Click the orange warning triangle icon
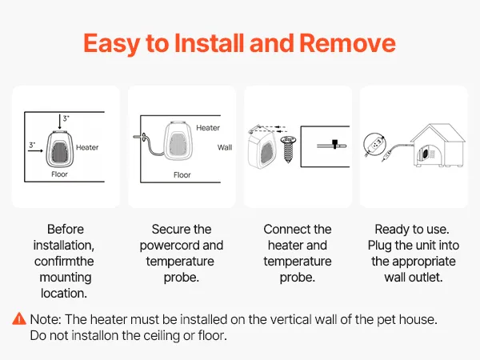coord(19,318)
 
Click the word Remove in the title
coord(347,43)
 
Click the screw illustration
coord(288,150)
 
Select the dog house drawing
coord(438,145)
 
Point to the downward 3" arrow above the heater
coord(60,122)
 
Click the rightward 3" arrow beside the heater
coord(35,150)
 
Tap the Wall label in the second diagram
coord(225,147)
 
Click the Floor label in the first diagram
coord(59,174)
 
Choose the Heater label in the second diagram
coord(208,128)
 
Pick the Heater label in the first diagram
coord(87,147)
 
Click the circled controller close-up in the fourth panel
coord(374,144)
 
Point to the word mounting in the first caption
coord(66,278)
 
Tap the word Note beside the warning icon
coord(46,319)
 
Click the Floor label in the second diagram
coord(182,174)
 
